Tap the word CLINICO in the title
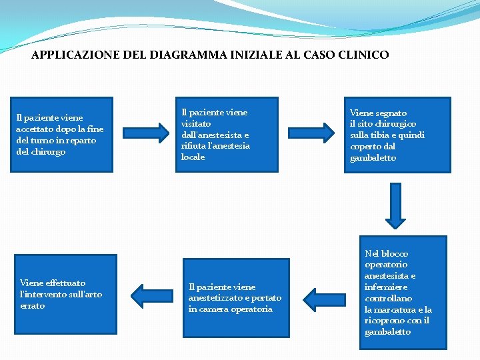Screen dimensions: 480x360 [366, 55]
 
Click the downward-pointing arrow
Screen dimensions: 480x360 [395, 205]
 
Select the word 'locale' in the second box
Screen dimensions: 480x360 [193, 157]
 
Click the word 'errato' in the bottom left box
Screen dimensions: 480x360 [33, 306]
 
